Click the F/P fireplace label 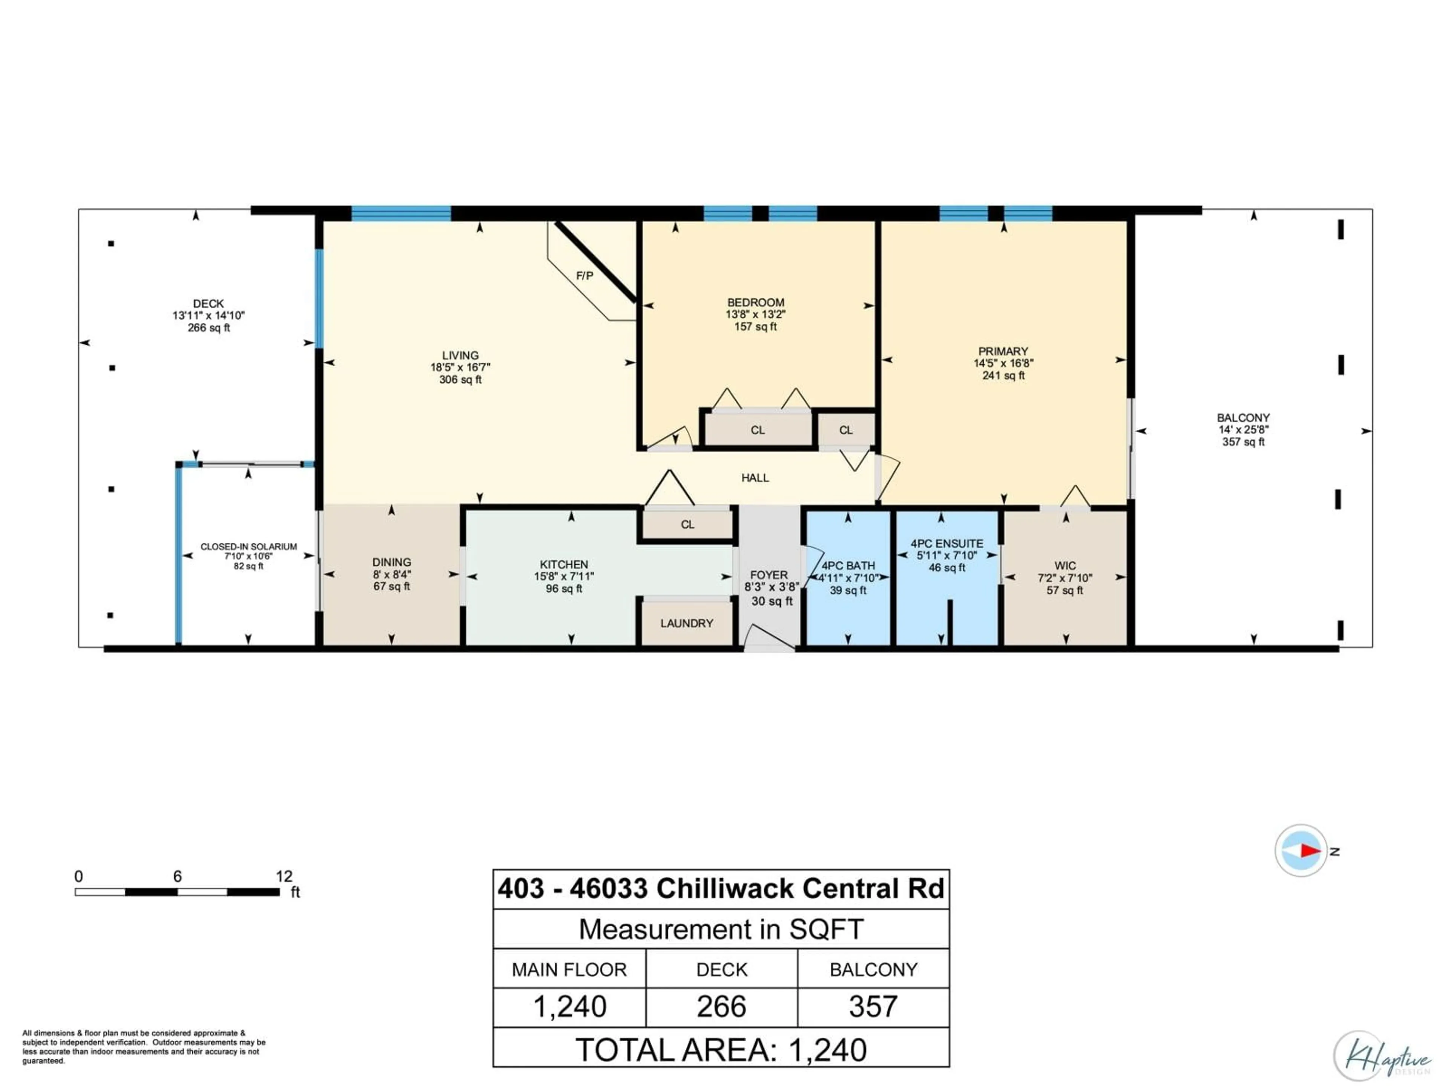coord(584,276)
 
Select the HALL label coord(755,478)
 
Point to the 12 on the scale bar coord(284,876)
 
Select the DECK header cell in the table coord(721,969)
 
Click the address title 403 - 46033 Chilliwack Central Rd coord(721,889)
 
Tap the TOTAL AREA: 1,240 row coord(721,1050)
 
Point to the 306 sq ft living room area coord(460,380)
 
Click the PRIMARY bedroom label coord(1003,351)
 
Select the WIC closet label coord(1065,566)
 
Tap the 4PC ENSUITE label coord(946,543)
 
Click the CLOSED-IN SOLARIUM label coord(249,547)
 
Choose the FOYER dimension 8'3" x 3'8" coord(771,587)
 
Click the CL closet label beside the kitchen coord(687,525)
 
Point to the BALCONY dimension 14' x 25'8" coord(1243,430)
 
